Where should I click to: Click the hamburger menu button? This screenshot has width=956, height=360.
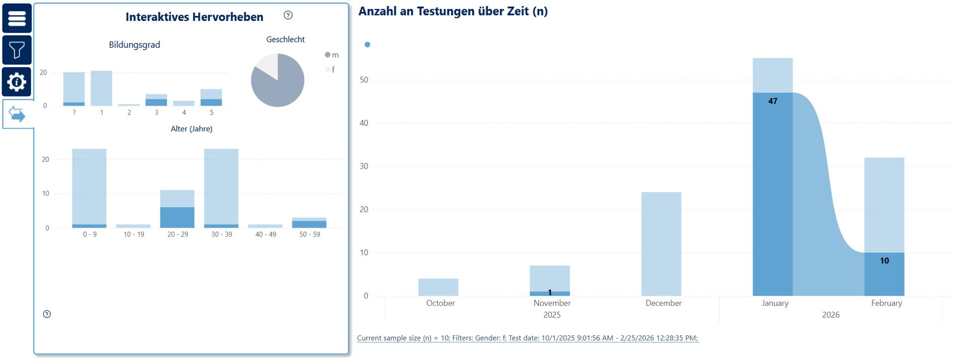coord(17,18)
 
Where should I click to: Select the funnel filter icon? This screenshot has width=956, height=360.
coord(17,50)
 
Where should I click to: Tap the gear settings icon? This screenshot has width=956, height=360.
coord(17,82)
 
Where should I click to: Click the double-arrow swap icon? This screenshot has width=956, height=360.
coord(17,115)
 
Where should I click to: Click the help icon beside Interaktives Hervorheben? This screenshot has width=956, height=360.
coord(288,15)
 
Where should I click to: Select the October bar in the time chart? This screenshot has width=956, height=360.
coord(438,287)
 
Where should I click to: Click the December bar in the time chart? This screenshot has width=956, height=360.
coord(661,244)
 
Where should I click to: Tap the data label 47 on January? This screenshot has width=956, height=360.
coord(773,101)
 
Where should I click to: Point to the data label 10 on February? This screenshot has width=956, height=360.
coord(884,261)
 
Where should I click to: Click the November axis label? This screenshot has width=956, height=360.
coord(552,303)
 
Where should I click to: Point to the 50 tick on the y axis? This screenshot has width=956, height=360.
coord(364,80)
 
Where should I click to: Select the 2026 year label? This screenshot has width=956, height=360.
coord(831,315)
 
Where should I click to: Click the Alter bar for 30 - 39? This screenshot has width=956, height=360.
coord(222,187)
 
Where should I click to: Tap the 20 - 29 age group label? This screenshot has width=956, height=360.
coord(178,235)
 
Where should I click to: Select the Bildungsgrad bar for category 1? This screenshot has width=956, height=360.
coord(102,88)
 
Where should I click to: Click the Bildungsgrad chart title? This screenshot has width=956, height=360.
coord(134,45)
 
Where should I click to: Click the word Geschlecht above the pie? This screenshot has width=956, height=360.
coord(285,39)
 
